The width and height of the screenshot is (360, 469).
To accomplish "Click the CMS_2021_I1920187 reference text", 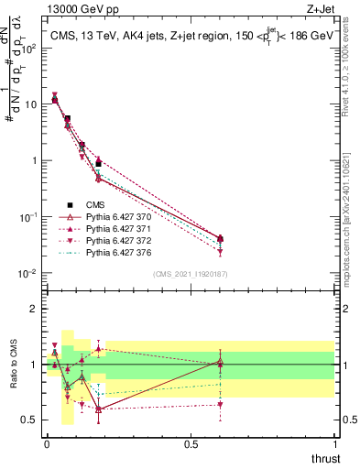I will (191, 274).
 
